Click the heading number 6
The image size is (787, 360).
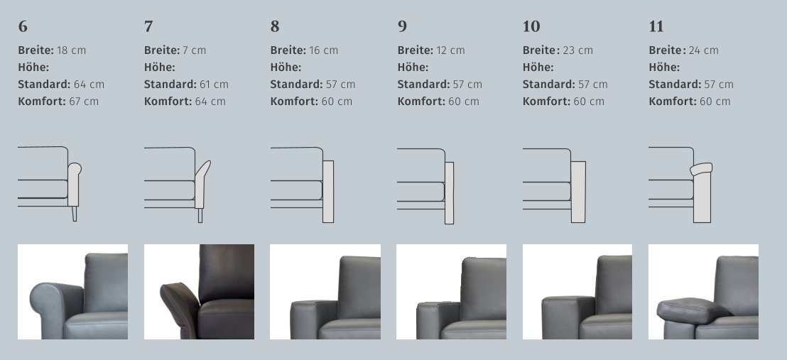click(23, 26)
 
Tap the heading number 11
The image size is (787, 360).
click(656, 26)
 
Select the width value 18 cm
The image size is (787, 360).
click(71, 50)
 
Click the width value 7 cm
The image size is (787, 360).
click(194, 50)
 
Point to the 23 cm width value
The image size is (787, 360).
click(577, 50)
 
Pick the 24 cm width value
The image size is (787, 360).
click(704, 50)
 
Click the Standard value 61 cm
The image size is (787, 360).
click(214, 84)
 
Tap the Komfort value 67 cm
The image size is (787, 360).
click(84, 102)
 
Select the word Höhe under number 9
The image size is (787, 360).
click(413, 67)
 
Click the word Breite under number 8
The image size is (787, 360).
click(288, 50)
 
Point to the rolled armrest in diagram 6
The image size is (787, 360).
click(75, 185)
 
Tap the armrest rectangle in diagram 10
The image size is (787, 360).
click(578, 192)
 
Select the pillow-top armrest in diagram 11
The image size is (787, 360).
click(701, 169)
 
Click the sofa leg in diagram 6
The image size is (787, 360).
click(75, 214)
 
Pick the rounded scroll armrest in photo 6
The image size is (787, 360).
click(56, 309)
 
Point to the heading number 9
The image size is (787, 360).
click(402, 26)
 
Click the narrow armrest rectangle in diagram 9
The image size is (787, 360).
click(449, 193)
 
